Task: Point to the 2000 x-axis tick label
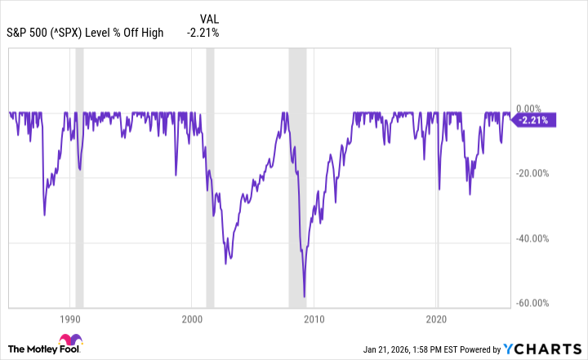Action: pos(192,318)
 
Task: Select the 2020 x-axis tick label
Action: pos(438,318)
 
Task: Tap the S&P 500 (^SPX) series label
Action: pos(86,33)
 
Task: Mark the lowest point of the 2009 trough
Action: pos(305,297)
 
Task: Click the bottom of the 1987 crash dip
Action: pos(44,215)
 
